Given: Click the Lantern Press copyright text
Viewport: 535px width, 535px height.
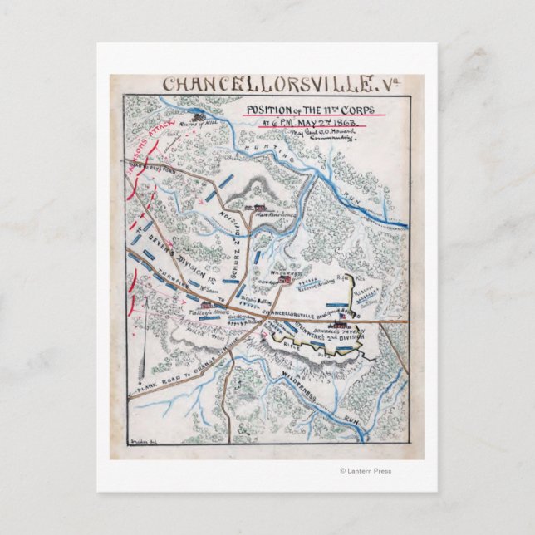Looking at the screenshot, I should [366, 471].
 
